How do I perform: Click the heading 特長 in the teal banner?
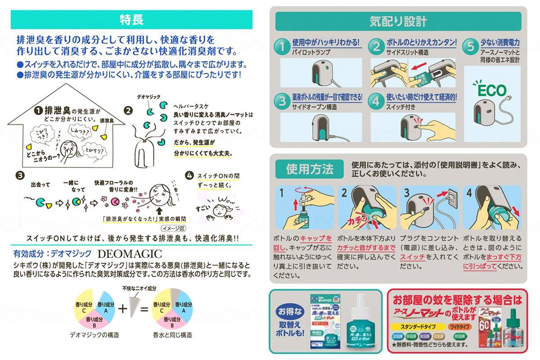coord(131,20)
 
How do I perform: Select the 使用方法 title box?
coord(310,169)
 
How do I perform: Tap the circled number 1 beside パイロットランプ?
coord(282,46)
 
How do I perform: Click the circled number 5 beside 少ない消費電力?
coord(470,46)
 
